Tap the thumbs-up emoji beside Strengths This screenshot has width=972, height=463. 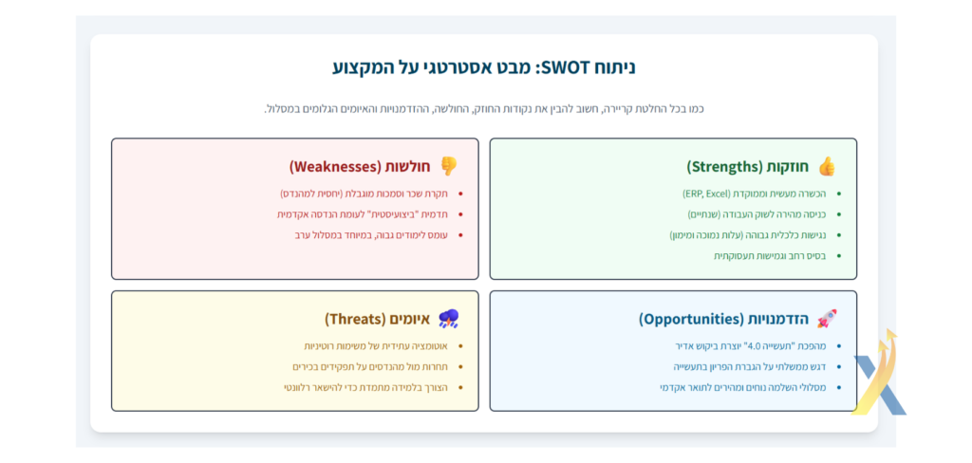827,166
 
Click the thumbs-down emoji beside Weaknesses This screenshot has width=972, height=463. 448,166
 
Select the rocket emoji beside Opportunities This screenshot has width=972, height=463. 827,319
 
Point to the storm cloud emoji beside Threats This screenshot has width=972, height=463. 448,319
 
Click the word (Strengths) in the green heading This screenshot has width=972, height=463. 724,167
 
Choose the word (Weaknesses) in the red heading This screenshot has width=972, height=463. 335,167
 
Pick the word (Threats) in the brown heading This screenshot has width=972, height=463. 355,319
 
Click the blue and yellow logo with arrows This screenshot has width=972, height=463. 878,372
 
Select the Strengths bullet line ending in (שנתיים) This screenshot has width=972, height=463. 757,214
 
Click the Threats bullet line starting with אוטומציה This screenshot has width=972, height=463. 376,346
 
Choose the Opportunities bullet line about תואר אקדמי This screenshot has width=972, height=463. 742,387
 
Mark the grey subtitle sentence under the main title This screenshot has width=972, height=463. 484,109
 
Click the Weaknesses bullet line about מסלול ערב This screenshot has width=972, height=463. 371,235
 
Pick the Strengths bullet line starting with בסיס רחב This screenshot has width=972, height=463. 770,256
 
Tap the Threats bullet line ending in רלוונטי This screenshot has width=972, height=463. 370,387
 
